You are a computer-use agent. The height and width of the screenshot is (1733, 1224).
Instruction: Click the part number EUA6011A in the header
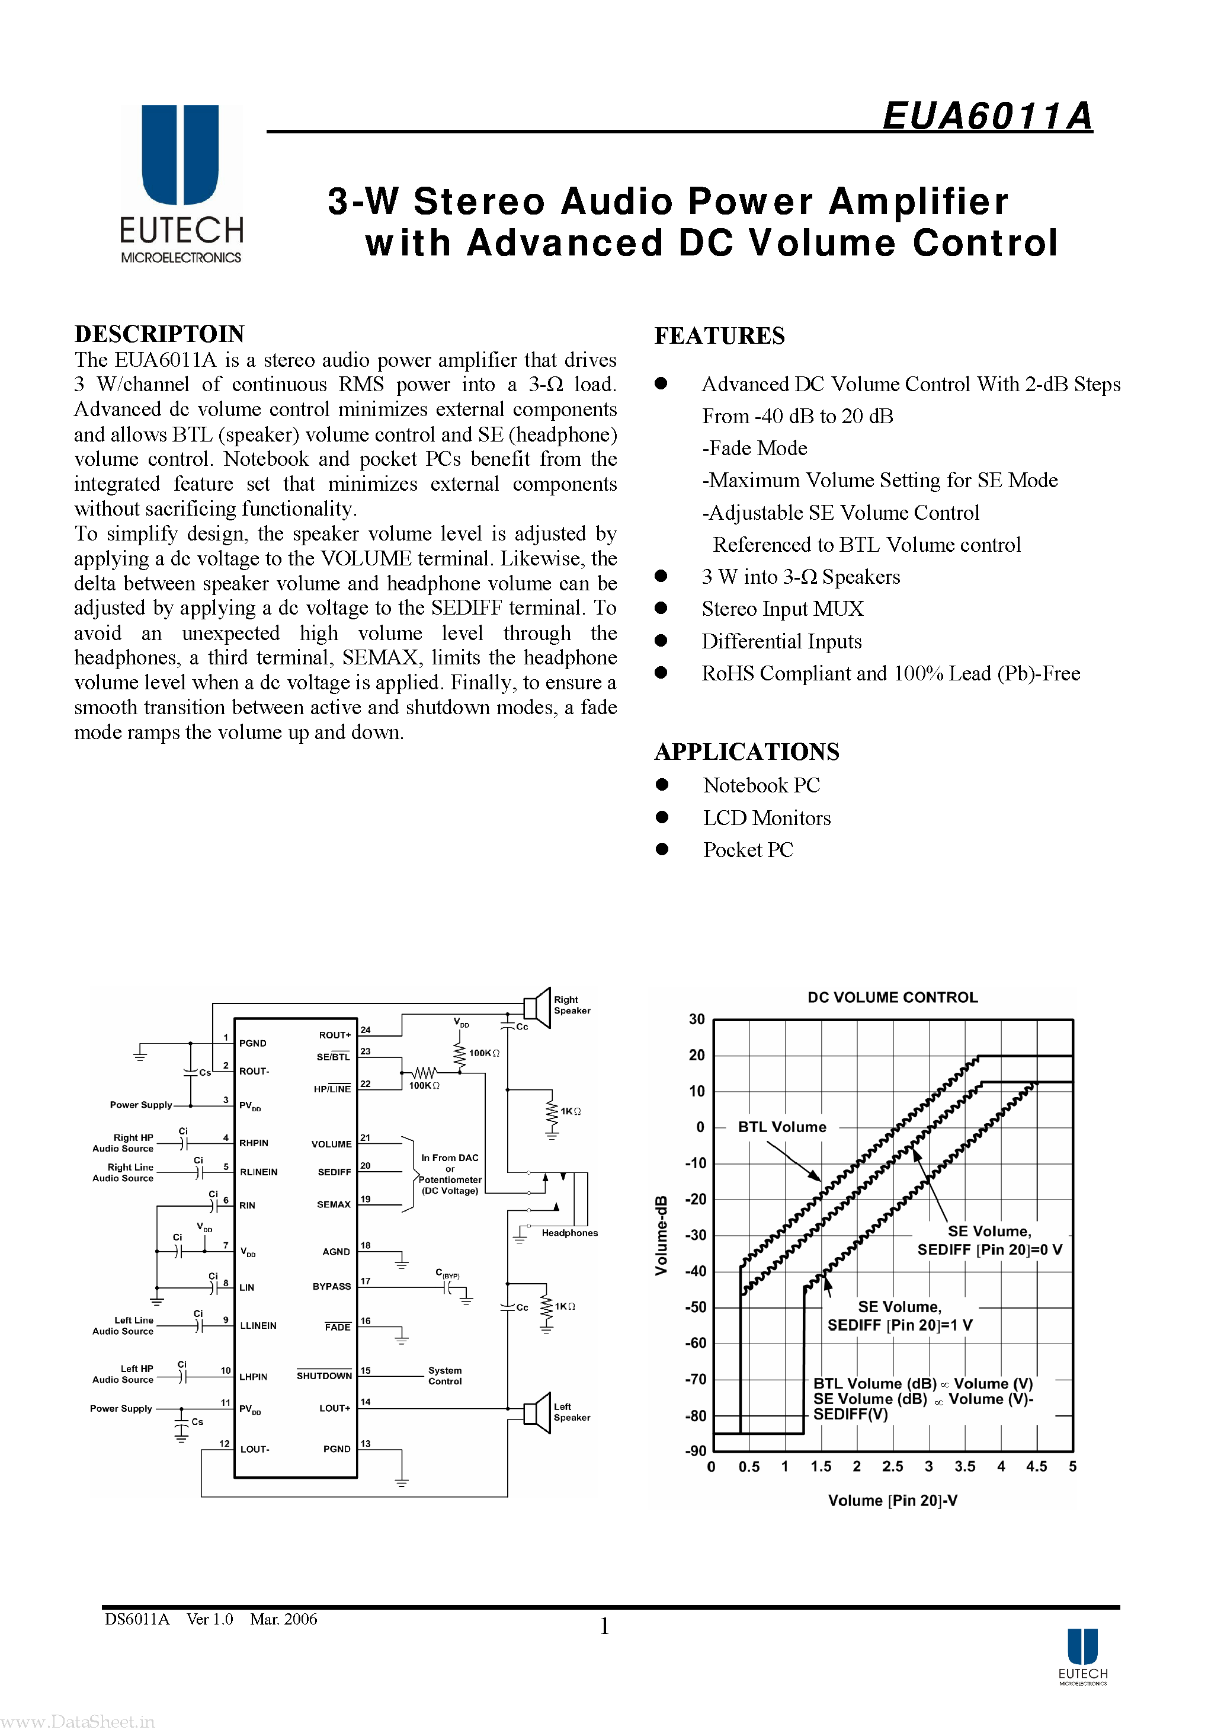987,116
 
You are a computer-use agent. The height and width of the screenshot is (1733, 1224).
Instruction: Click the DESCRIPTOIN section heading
159,334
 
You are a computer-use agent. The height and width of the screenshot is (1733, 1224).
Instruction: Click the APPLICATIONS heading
746,752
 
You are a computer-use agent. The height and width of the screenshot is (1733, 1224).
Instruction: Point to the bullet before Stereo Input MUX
661,608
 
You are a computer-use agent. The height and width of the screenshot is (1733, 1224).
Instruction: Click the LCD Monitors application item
767,818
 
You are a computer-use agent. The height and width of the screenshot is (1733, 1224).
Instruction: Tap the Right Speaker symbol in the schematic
537,1007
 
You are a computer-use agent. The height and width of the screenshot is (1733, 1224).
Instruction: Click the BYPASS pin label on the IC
331,1287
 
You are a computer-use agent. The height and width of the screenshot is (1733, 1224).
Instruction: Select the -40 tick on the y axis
696,1272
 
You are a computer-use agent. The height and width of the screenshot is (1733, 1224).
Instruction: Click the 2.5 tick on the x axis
892,1466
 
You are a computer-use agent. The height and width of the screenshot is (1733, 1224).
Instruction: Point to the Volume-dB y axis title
662,1236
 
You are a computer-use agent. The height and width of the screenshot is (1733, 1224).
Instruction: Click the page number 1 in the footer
604,1626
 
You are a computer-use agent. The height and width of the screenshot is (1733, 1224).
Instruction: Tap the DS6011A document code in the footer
137,1619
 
